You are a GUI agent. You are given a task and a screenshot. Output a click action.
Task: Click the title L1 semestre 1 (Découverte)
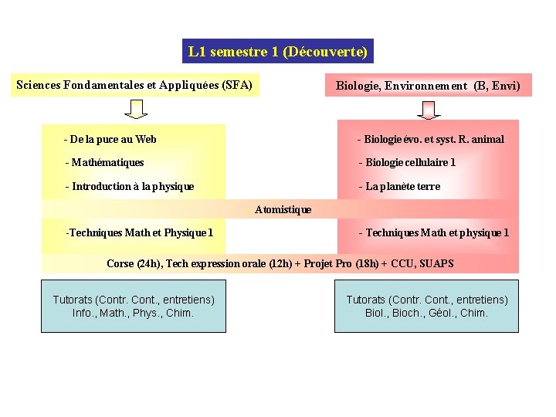[278, 52]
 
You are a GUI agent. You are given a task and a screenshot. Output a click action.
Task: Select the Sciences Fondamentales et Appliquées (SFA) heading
[134, 85]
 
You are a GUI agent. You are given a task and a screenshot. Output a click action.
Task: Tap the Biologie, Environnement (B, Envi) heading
[428, 86]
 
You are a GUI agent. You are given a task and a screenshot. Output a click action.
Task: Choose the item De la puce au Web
[110, 139]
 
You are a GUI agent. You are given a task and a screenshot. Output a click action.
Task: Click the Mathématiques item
[105, 162]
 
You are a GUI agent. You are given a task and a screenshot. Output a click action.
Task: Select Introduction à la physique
[130, 186]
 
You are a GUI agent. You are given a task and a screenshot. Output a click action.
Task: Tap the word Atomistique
[283, 209]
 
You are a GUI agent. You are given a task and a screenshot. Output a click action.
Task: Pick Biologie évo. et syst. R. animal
[430, 139]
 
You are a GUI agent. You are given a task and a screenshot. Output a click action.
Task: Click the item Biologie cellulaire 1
[407, 162]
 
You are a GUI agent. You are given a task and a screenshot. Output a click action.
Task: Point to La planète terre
[399, 186]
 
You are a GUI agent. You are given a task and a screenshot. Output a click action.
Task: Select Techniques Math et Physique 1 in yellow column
[140, 232]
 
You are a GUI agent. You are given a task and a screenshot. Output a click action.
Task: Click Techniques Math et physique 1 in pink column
[434, 232]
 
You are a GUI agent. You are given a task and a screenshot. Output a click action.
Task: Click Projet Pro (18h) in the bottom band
[341, 263]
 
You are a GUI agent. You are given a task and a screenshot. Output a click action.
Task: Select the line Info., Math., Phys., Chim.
[133, 313]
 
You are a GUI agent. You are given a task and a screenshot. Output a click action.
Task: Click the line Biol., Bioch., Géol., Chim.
[426, 313]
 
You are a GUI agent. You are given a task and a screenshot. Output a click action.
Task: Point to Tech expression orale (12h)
[229, 263]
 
